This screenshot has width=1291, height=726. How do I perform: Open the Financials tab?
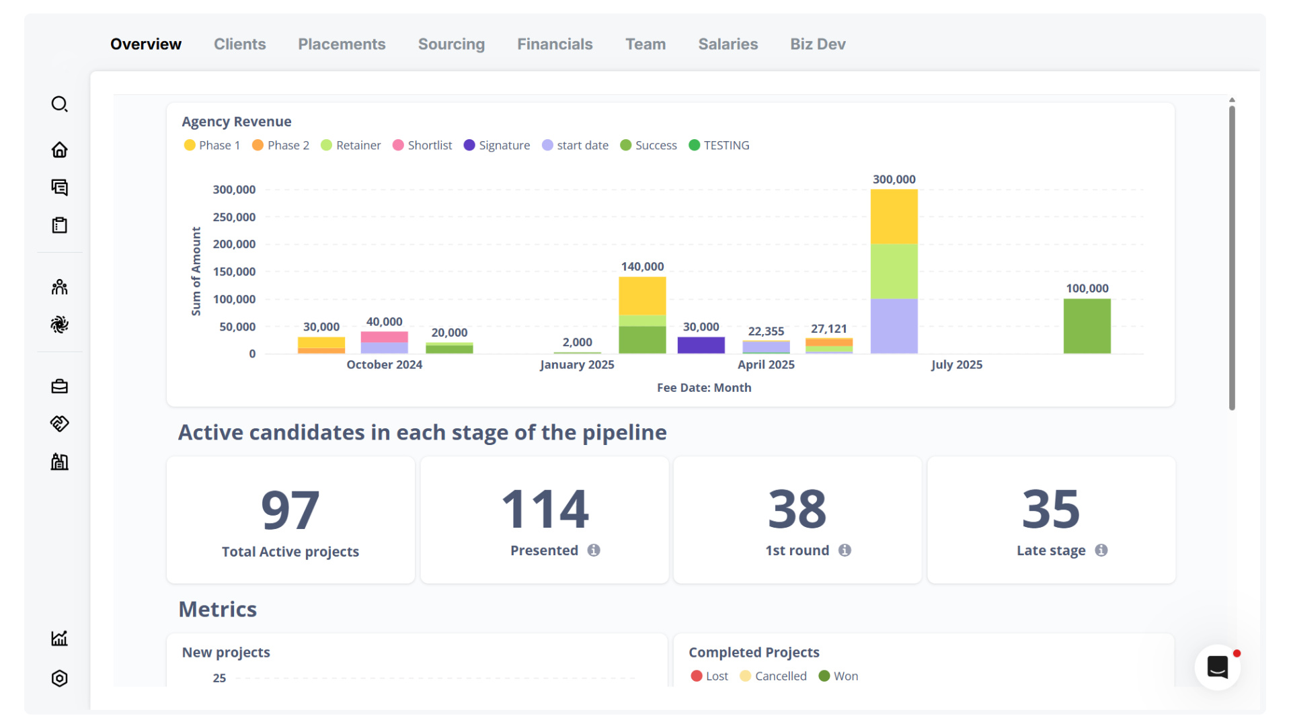[555, 44]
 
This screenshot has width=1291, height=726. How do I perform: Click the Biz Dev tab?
[818, 44]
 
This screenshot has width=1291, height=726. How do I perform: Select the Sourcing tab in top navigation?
[451, 44]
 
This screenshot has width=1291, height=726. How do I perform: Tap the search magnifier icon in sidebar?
[60, 104]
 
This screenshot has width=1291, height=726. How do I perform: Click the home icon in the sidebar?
[60, 149]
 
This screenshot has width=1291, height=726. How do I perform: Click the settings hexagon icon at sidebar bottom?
[60, 678]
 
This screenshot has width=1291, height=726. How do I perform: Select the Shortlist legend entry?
[422, 145]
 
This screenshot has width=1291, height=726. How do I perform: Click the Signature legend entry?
[497, 145]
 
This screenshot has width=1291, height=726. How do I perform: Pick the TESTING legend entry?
[719, 145]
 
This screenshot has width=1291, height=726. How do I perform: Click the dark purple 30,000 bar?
[701, 345]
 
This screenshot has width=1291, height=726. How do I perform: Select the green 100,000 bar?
[1087, 326]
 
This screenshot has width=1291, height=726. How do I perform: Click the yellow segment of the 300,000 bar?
[894, 216]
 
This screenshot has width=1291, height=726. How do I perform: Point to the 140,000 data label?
[642, 267]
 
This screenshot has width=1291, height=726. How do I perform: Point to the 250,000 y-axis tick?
[234, 217]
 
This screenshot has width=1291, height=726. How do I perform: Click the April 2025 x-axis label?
[766, 364]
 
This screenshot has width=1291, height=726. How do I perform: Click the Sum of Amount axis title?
[196, 271]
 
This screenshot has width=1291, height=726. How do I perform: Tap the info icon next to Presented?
[594, 551]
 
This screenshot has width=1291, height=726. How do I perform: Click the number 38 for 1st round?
[797, 509]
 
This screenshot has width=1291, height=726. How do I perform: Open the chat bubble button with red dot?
[1218, 667]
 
